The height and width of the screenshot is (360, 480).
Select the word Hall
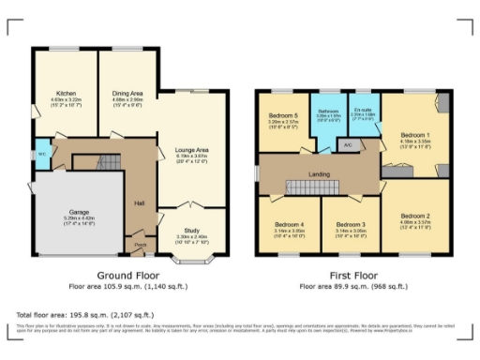point(139,203)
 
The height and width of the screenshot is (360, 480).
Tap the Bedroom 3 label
point(350,225)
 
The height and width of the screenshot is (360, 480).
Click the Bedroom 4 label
point(289,225)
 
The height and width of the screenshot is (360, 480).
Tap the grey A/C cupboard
point(347,145)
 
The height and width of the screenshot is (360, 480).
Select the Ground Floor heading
point(127,276)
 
